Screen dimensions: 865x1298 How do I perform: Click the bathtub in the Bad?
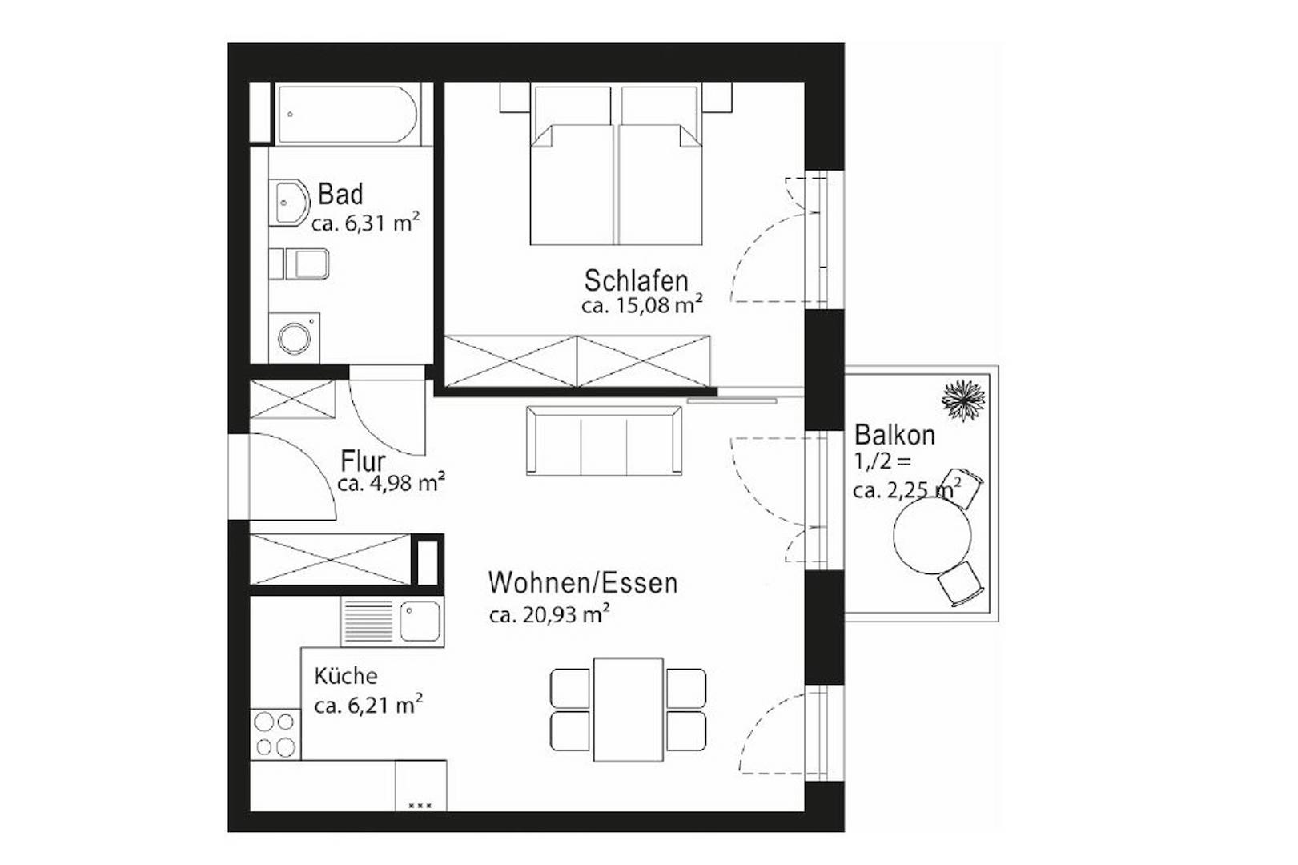pos(347,115)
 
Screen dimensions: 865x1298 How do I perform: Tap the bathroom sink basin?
pos(289,202)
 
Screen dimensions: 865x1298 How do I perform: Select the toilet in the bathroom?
pos(305,264)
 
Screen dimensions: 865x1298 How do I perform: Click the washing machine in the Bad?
pos(295,338)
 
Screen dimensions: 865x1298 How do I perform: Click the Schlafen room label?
pos(636,281)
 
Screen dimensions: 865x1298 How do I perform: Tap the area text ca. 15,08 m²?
pos(642,305)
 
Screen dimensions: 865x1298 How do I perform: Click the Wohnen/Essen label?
pos(583,582)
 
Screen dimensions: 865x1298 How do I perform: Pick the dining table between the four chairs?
pos(628,710)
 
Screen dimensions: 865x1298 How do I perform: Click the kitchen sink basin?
pos(420,621)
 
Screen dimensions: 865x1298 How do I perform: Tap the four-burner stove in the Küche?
pos(275,734)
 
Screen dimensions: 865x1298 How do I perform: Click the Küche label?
pos(345,676)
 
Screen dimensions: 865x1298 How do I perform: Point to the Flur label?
pos(363,461)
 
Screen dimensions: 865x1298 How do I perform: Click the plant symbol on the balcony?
pos(962,399)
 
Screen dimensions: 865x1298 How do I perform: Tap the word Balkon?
pos(894,435)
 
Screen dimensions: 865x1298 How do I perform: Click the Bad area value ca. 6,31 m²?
pos(365,223)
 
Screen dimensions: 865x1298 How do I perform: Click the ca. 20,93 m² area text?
pos(549,614)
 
